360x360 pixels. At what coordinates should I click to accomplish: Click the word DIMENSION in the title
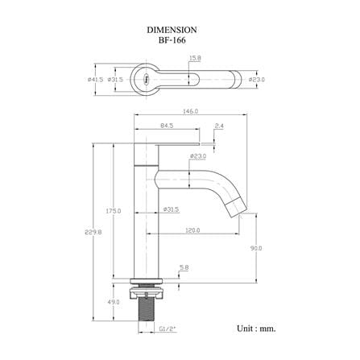172,30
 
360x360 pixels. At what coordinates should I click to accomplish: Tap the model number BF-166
172,40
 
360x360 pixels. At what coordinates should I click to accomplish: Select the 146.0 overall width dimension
190,111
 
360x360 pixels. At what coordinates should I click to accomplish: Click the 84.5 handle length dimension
167,126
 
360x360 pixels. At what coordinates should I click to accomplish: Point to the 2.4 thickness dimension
219,126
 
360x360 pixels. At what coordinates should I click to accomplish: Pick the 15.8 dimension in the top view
195,58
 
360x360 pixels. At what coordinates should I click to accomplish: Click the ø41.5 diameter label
95,80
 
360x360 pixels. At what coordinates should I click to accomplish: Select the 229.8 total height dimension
93,232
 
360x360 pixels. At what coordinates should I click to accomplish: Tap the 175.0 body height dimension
114,211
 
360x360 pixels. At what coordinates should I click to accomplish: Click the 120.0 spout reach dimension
192,230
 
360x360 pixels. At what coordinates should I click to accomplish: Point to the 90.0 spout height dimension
256,248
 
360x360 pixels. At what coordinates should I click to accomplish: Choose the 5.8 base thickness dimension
184,267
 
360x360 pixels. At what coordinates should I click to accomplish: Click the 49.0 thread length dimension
114,302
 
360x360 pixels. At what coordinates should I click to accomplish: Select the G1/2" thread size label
168,329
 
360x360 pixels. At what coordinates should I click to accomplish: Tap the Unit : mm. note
256,329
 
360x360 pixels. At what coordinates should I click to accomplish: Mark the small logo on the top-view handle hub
147,79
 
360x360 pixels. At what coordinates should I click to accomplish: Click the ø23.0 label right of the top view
257,80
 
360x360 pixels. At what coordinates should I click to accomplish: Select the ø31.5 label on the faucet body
172,209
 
